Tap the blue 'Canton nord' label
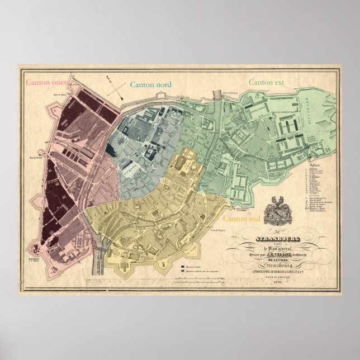point(150,85)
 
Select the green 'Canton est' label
point(266,82)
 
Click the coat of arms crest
point(278,213)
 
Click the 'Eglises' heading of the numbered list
point(314,166)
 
